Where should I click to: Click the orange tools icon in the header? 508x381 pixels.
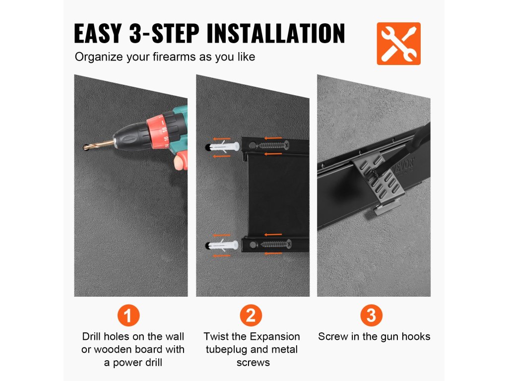398,44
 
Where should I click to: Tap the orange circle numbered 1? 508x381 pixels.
128,315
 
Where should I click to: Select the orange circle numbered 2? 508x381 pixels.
251,315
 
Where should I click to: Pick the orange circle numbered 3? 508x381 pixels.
371,315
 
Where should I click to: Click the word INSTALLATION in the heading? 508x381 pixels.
276,33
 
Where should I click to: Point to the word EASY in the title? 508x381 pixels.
98,33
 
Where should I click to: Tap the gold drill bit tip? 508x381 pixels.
85,147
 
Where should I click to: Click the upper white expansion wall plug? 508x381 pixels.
224,146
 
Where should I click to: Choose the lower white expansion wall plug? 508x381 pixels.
224,245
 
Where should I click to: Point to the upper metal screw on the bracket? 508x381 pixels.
274,145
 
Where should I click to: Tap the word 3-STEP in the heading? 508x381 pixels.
164,33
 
